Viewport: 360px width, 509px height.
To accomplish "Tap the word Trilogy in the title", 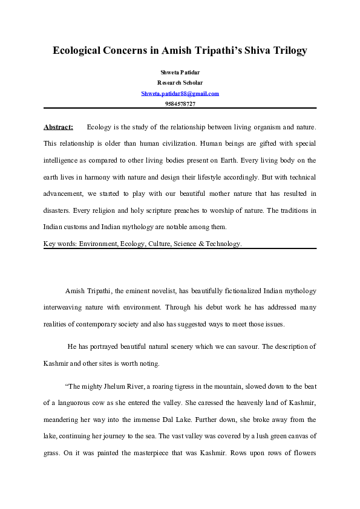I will coord(287,50).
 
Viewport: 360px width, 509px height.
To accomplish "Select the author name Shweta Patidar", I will coord(180,72).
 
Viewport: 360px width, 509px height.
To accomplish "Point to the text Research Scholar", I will coord(180,82).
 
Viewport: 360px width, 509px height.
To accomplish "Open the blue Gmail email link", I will coord(180,93).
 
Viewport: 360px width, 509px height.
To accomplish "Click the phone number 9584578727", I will coord(180,104).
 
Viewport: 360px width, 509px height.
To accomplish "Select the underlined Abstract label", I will coord(58,127).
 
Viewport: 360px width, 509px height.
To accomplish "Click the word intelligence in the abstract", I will coord(64,161).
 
